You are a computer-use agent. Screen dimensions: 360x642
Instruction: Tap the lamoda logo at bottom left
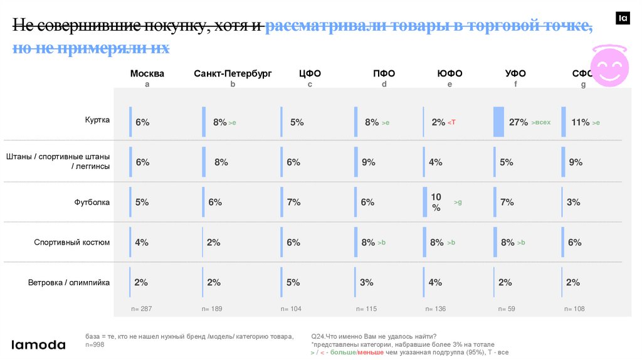(39, 344)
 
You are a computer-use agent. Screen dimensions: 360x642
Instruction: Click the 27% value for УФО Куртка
(518, 122)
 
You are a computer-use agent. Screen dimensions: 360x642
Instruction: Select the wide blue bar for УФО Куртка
(499, 122)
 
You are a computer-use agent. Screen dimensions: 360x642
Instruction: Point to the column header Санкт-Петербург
(233, 73)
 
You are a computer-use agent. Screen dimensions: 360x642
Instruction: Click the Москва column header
(147, 73)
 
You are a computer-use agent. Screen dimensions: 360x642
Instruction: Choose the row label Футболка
(92, 202)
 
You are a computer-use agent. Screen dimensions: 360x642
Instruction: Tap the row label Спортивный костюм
(72, 242)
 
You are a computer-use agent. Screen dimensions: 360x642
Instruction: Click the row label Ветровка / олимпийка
(69, 282)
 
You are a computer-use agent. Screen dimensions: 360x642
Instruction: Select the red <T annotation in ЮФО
(451, 122)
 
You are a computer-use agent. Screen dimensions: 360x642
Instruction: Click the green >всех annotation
(540, 122)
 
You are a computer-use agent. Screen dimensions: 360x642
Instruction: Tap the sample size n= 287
(142, 309)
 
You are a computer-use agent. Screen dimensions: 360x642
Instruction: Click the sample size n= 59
(507, 309)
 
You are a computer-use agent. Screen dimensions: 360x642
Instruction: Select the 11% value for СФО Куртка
(580, 122)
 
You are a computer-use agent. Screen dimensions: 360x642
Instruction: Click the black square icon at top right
(623, 19)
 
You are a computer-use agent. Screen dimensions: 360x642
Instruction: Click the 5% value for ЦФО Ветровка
(293, 282)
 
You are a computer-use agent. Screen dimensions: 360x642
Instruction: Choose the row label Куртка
(98, 120)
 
